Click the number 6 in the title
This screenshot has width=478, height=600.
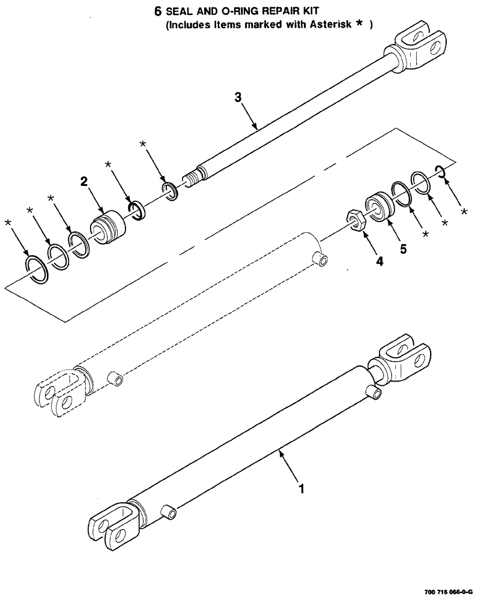[x=159, y=12]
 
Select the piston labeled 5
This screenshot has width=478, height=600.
[x=379, y=207]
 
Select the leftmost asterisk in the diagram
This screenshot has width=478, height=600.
[x=8, y=224]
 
